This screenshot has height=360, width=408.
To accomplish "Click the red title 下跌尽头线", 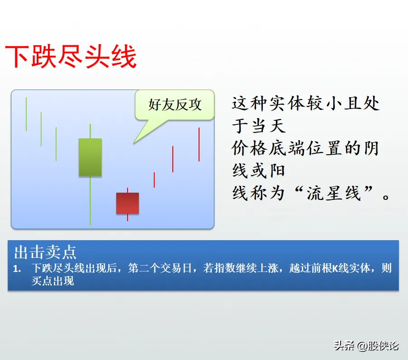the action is pyautogui.click(x=71, y=57).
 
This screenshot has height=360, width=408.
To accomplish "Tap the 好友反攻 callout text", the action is pyautogui.click(x=175, y=104).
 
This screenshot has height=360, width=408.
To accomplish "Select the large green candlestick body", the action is pyautogui.click(x=90, y=157).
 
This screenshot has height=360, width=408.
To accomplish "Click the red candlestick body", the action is pyautogui.click(x=128, y=204).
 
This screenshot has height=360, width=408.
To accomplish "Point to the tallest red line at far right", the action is pyautogui.click(x=199, y=144).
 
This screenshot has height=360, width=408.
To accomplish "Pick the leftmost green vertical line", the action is pyautogui.click(x=26, y=114).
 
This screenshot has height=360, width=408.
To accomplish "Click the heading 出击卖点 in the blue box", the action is pyautogui.click(x=45, y=252).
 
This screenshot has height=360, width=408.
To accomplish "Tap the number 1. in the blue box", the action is pyautogui.click(x=17, y=269).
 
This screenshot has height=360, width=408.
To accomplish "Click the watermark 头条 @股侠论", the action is pyautogui.click(x=366, y=346).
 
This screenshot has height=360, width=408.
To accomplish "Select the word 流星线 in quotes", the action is pyautogui.click(x=334, y=193).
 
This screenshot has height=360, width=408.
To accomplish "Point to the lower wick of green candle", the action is pyautogui.click(x=90, y=200).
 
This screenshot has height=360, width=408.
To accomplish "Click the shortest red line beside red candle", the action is pyautogui.click(x=154, y=180).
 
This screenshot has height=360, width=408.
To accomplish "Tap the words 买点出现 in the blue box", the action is pyautogui.click(x=53, y=281).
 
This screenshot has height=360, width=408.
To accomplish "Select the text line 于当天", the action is pyautogui.click(x=259, y=126).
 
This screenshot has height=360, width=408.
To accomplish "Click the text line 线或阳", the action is pyautogui.click(x=259, y=171).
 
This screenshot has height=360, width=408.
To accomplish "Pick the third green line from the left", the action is pyautogui.click(x=56, y=144).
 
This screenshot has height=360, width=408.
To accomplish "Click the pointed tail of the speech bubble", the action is pyautogui.click(x=133, y=143).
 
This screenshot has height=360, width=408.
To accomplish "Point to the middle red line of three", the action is pyautogui.click(x=173, y=159).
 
